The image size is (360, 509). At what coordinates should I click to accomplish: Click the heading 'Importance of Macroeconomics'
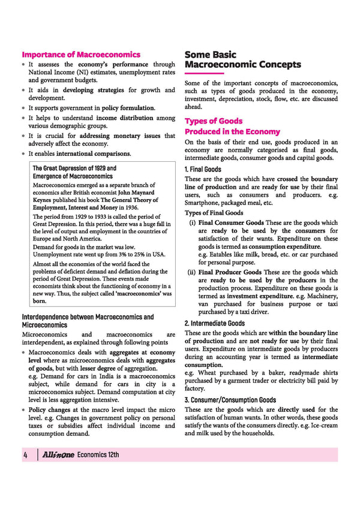point(81,55)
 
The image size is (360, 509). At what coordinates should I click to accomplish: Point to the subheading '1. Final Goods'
point(203,170)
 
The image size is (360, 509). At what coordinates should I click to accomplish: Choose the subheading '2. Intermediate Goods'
point(214,323)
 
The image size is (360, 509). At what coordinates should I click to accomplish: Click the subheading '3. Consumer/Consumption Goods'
point(230,400)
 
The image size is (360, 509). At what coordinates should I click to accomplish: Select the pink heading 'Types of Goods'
point(214,121)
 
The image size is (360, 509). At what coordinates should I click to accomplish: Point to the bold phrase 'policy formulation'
point(128,108)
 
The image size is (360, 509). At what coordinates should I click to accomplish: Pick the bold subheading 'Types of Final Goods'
point(214,213)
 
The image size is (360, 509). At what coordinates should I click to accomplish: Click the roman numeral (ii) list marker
point(191,272)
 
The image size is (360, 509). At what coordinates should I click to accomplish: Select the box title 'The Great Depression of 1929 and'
point(74,168)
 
